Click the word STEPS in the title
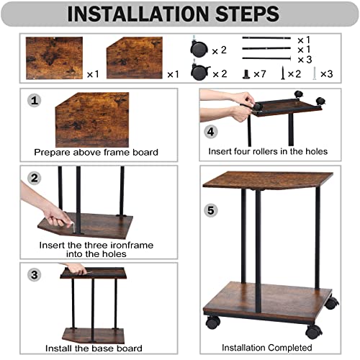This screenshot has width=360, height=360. (247, 14)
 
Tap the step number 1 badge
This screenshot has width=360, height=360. (35, 100)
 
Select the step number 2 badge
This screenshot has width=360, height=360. (35, 178)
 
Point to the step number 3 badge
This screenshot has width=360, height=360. (35, 275)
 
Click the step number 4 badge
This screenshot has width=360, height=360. (210, 132)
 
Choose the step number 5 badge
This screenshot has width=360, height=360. (210, 210)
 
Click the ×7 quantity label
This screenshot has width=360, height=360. (260, 74)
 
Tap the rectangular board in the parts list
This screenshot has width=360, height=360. (54, 58)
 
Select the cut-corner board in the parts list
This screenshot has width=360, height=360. (135, 58)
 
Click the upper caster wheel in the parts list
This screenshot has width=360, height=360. (199, 48)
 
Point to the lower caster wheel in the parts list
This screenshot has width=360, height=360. (200, 72)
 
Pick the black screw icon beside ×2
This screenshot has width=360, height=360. (283, 73)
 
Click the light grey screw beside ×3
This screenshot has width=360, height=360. (315, 73)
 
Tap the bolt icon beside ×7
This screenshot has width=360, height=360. (246, 74)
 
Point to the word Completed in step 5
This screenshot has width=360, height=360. (290, 348)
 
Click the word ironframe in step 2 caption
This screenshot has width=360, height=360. (128, 245)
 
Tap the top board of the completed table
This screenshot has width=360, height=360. (268, 181)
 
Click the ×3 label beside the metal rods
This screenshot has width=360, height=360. (305, 60)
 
